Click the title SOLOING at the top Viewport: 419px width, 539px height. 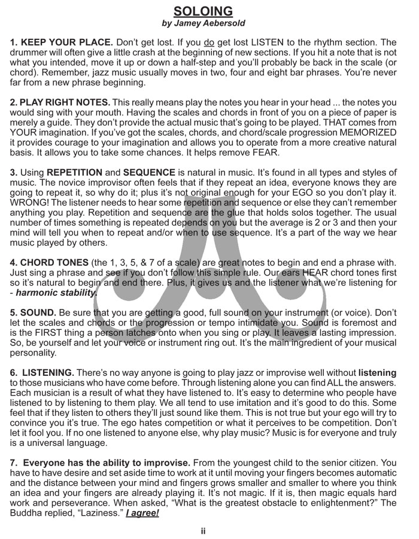(x=203, y=11)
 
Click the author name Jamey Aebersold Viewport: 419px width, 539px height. (x=204, y=23)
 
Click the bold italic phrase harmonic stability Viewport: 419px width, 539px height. (x=56, y=293)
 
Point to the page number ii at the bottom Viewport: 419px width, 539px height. (x=204, y=530)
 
